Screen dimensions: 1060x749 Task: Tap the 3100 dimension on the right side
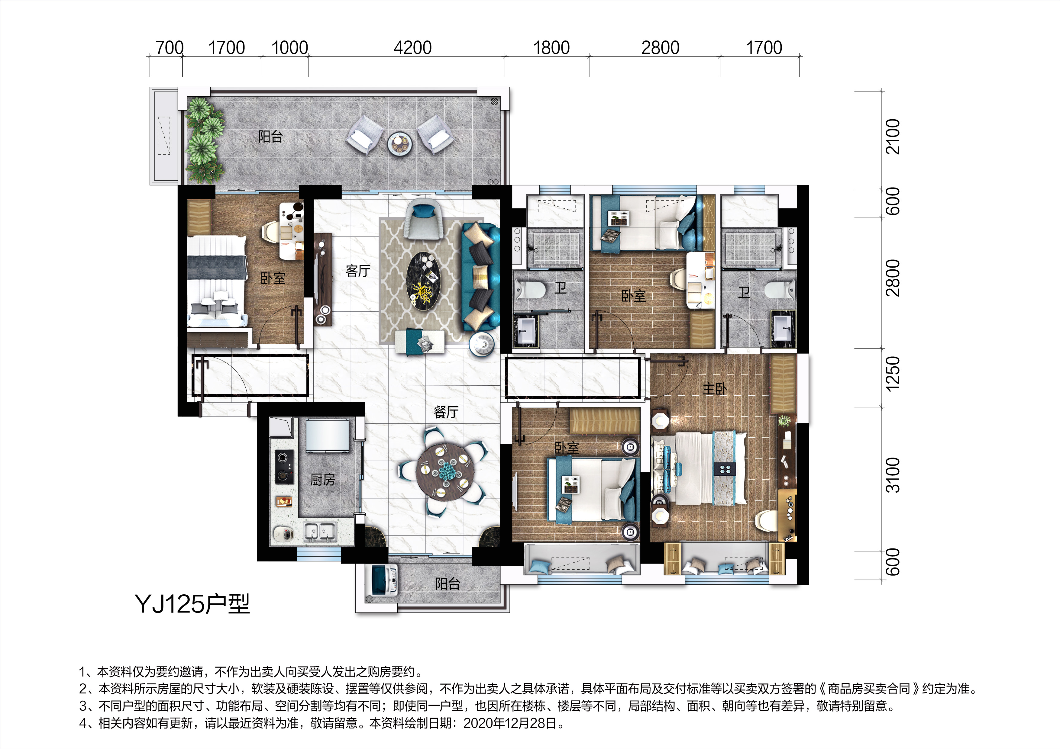pos(893,475)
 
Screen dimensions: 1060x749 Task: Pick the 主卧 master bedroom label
pos(714,389)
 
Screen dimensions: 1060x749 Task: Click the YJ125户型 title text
pos(192,604)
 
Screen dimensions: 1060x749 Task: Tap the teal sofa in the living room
pos(481,276)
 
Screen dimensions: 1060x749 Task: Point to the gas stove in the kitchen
pos(284,467)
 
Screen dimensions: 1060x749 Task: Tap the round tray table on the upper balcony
pos(400,143)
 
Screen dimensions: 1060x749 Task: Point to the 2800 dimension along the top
pos(660,47)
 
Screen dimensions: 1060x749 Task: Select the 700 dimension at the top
pos(170,47)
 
